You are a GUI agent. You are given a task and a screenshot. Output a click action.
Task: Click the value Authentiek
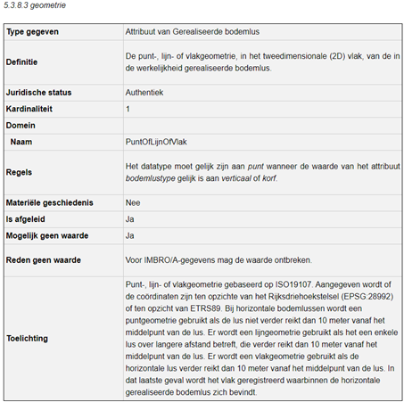click(x=145, y=92)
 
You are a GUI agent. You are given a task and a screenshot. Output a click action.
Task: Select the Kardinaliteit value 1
click(x=128, y=109)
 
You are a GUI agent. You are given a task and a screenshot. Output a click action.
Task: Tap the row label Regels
click(x=20, y=172)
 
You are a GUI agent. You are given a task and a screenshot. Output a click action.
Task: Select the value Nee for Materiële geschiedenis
click(x=134, y=202)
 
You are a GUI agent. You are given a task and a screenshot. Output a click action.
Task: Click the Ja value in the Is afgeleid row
click(x=130, y=219)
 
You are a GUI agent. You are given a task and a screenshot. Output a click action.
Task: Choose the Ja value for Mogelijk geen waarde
click(x=130, y=236)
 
